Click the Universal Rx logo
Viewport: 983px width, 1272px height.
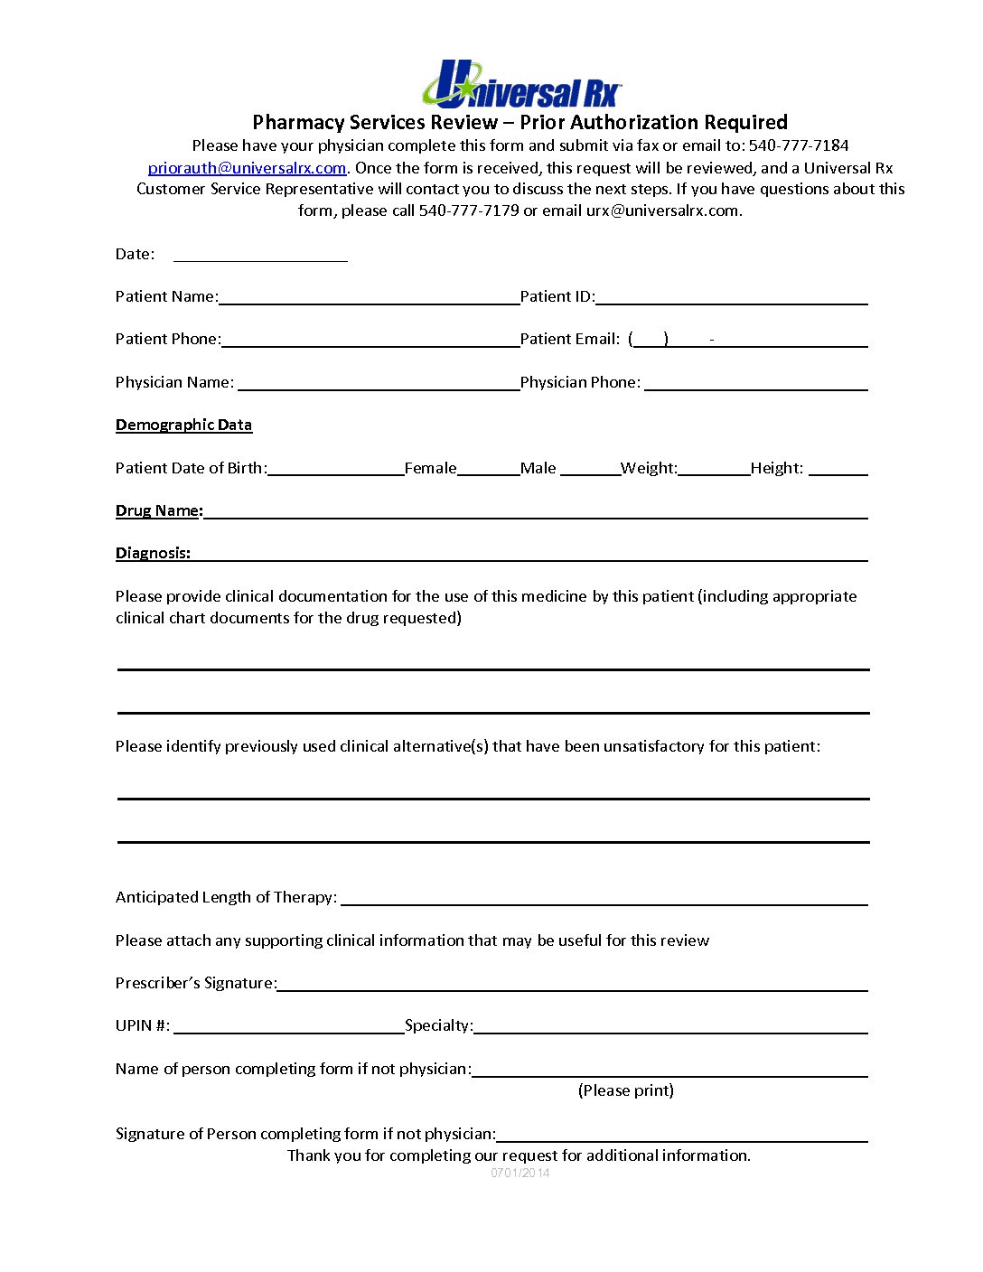tap(521, 85)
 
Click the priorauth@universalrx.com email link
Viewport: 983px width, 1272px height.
tap(247, 168)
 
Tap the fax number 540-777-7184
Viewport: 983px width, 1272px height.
tap(798, 145)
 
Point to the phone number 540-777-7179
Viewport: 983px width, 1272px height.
tap(469, 210)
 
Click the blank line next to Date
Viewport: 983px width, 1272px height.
tap(260, 254)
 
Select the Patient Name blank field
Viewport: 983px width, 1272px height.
tap(369, 297)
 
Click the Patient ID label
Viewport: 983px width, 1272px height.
tap(557, 296)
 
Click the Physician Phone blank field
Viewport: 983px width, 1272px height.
tap(755, 382)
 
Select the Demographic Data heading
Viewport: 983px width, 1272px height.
tap(183, 425)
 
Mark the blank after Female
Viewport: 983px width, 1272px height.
tap(488, 468)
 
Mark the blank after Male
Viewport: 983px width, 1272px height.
tap(589, 468)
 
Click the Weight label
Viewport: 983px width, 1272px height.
tap(648, 468)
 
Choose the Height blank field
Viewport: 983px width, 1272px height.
tap(838, 468)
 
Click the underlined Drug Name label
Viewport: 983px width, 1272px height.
tap(159, 510)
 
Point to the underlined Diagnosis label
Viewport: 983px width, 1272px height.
tap(153, 553)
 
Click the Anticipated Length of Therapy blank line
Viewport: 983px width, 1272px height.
tap(604, 897)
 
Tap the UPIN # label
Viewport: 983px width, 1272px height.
tap(143, 1025)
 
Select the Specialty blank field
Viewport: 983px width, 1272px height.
tap(670, 1025)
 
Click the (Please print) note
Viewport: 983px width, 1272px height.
tap(625, 1090)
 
